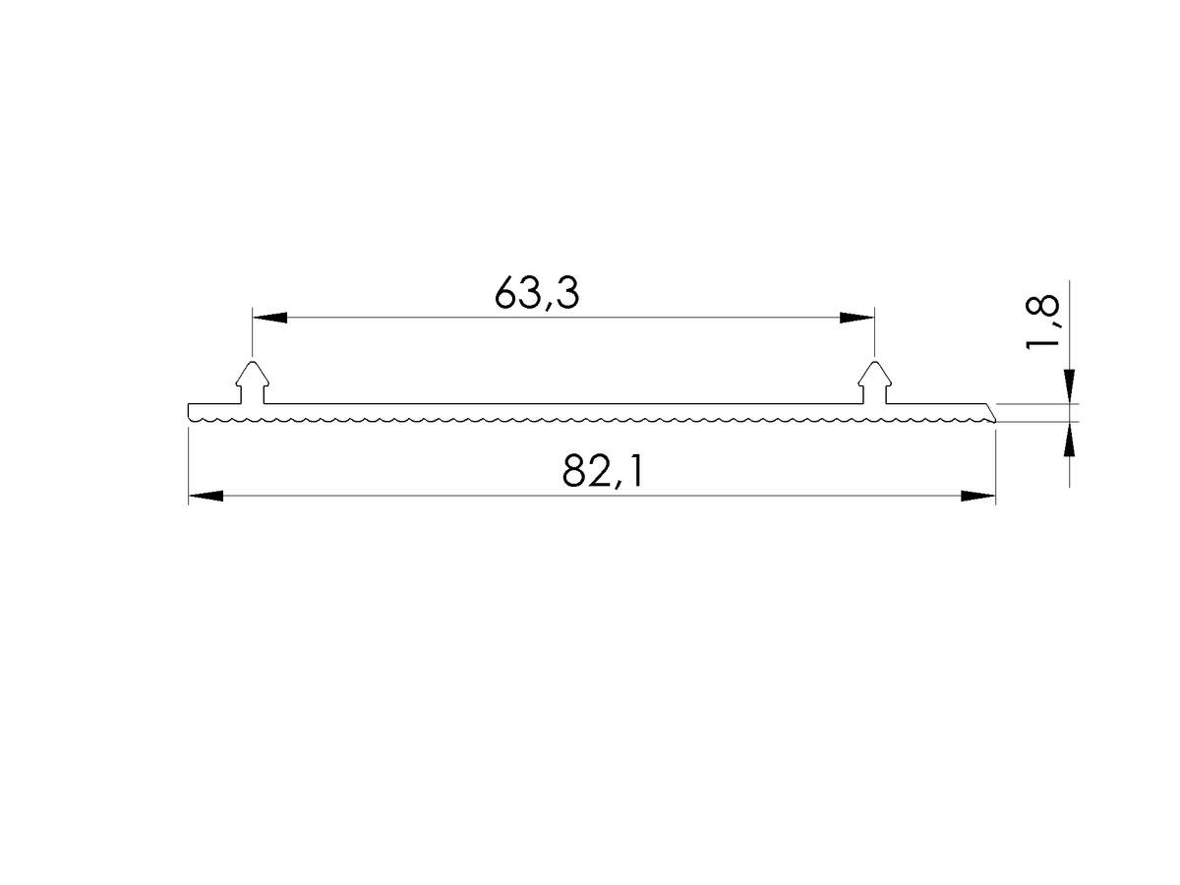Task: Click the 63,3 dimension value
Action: point(536,293)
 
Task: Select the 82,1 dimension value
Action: point(602,471)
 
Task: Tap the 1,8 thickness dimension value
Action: point(1041,323)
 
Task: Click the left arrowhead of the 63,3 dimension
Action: point(269,318)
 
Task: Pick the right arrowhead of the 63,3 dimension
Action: point(856,318)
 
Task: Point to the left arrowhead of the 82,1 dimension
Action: point(206,496)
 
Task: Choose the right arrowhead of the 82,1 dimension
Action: point(977,496)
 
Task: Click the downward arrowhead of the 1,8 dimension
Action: point(1069,386)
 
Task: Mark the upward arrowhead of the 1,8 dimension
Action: point(1069,440)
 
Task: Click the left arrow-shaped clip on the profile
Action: point(252,383)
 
